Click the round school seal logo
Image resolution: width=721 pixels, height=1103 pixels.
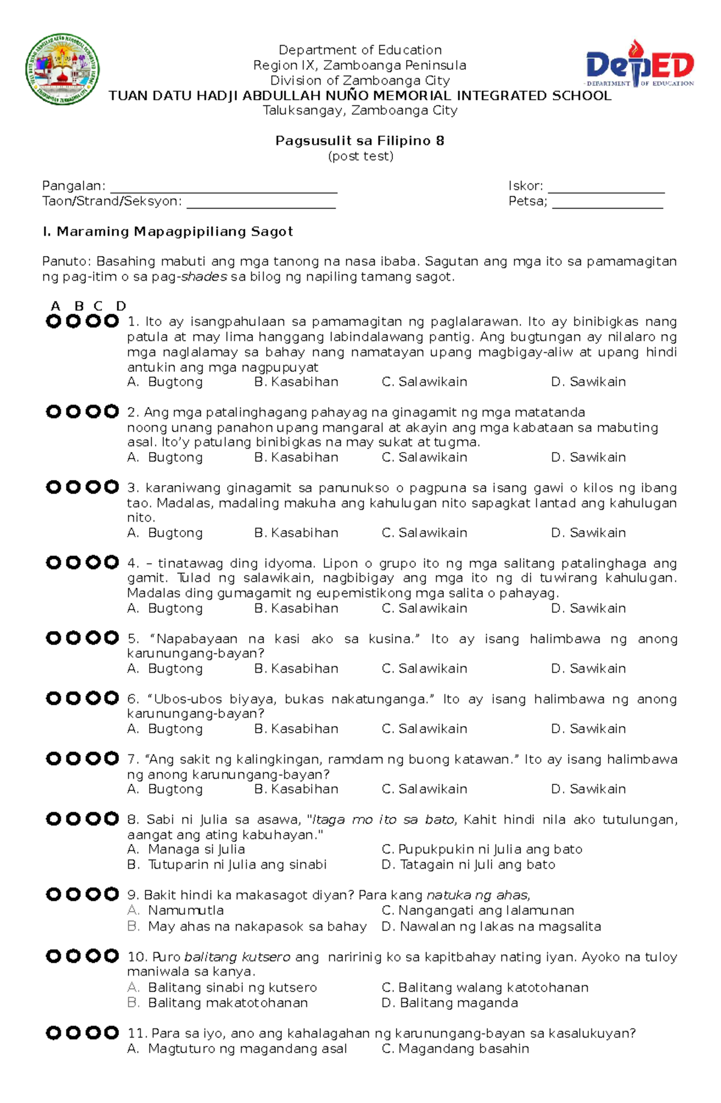(62, 69)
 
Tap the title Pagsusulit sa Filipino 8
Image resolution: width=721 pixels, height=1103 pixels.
(360, 141)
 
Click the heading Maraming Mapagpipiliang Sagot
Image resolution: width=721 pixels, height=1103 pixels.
(168, 231)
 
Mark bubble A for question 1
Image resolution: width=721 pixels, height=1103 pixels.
(53, 322)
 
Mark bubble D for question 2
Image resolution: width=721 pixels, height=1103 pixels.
(111, 412)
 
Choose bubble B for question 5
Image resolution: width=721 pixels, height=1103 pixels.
(73, 638)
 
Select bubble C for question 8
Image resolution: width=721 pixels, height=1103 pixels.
(93, 819)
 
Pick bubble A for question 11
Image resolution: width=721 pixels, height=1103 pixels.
(53, 1033)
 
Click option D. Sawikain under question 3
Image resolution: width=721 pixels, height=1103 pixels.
(588, 533)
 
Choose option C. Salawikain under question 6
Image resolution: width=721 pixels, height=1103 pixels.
(424, 729)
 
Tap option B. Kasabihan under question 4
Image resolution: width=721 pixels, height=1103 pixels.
(296, 608)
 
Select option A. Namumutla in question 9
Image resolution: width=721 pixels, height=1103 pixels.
(185, 910)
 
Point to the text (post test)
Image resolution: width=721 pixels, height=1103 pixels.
(360, 156)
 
